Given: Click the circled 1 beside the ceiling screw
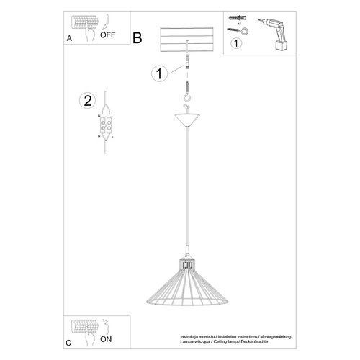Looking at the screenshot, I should coord(161,72).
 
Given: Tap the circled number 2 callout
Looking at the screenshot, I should coord(89,100).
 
